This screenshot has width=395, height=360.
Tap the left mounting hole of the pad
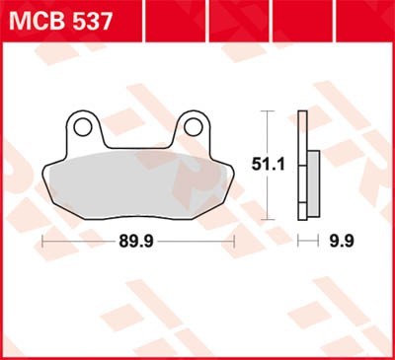pos(83,126)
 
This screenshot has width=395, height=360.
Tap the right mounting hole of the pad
pos(192,126)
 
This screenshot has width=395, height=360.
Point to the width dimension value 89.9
pos(137,240)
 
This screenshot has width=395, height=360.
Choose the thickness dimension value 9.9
pos(343,240)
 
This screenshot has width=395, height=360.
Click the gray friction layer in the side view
pos(314,183)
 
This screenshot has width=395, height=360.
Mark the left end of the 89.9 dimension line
pos(43,240)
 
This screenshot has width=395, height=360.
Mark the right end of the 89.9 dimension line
pos(233,240)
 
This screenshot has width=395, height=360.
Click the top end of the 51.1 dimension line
pos(267,111)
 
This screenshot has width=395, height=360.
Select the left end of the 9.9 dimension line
pos(300,240)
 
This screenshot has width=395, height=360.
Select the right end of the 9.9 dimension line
pos(322,240)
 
